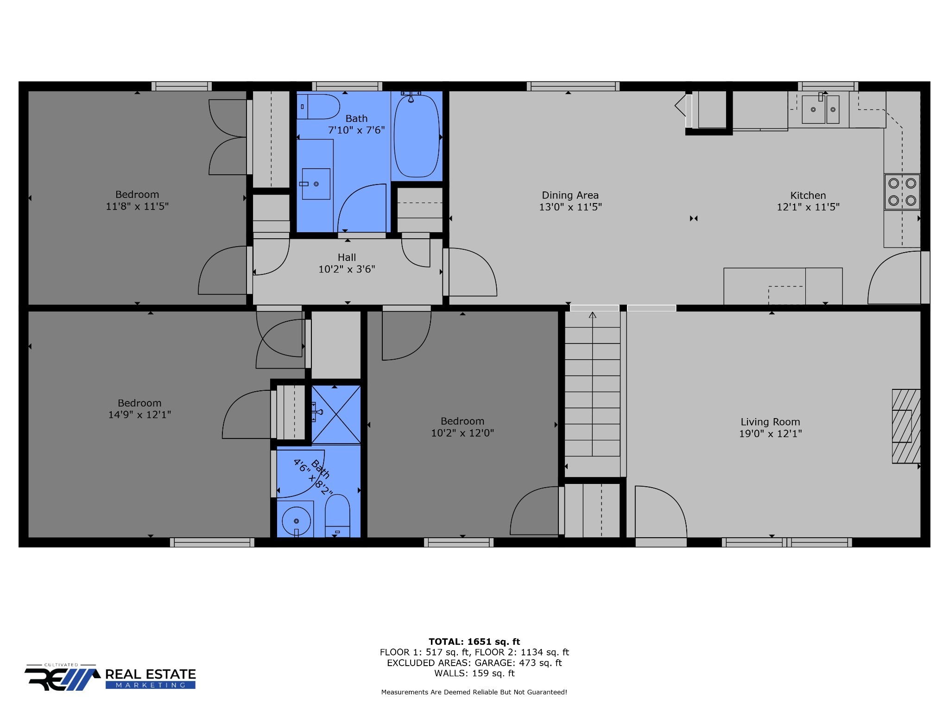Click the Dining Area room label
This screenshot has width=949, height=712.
pos(570,195)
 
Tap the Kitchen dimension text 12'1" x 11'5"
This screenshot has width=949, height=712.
pos(808,207)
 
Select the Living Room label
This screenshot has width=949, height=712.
pos(770,422)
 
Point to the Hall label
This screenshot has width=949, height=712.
pos(347,257)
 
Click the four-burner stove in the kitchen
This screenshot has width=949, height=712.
pos(902,191)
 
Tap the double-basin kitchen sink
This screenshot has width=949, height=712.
pos(820,109)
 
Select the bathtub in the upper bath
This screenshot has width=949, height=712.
pos(416,136)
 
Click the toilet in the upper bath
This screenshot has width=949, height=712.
pos(318,107)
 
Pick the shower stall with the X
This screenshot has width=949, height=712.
pos(336,414)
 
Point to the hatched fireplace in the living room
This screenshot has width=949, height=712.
pos(906,426)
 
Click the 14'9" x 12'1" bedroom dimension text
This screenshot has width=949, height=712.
pos(139,415)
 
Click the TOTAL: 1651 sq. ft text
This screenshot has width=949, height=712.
pos(474,642)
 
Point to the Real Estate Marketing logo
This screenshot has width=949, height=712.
pos(110,677)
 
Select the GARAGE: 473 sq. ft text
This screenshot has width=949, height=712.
pos(518,663)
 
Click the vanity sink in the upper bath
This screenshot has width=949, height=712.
pos(316,184)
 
